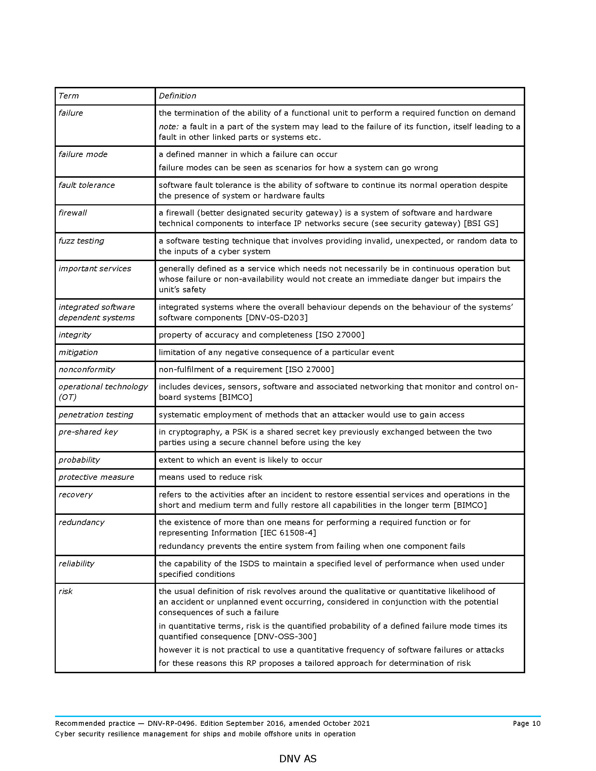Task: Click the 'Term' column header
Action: (68, 96)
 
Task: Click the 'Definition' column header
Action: (177, 96)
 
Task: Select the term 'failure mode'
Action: (83, 154)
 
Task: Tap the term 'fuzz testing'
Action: (81, 241)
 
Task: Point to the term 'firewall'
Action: (73, 213)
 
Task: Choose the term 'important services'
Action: (95, 269)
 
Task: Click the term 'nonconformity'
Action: (87, 370)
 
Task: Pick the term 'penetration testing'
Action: (96, 415)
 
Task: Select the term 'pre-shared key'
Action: (88, 432)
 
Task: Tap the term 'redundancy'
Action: (82, 523)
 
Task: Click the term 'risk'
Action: (66, 591)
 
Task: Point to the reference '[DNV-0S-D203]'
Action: (277, 318)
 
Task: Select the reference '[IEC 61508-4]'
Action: (288, 533)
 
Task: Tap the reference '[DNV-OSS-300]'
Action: (285, 636)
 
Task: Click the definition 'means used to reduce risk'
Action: (210, 477)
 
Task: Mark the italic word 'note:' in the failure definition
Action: (168, 127)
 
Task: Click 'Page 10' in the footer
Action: (527, 723)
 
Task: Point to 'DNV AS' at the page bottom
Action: (298, 759)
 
